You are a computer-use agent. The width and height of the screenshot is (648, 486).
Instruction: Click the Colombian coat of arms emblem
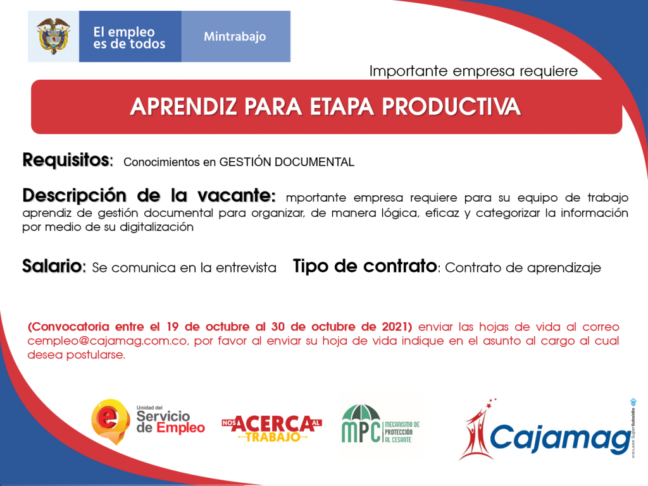pyautogui.click(x=53, y=36)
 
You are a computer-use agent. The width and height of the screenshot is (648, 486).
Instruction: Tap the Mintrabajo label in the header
pyautogui.click(x=235, y=37)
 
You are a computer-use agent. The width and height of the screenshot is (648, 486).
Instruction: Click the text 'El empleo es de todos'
pyautogui.click(x=129, y=38)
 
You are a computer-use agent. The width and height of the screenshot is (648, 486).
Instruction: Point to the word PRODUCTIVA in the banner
pyautogui.click(x=451, y=107)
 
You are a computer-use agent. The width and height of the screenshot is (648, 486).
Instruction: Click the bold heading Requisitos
pyautogui.click(x=68, y=160)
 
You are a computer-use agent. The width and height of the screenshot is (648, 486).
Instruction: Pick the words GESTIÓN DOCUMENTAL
pyautogui.click(x=287, y=162)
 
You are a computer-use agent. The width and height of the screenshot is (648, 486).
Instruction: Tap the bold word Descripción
pyautogui.click(x=75, y=195)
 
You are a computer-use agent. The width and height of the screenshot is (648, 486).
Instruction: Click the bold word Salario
pyautogui.click(x=54, y=266)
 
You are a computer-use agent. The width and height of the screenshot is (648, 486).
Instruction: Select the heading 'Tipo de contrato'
pyautogui.click(x=365, y=266)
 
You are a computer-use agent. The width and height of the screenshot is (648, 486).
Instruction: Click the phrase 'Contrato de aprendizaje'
pyautogui.click(x=523, y=268)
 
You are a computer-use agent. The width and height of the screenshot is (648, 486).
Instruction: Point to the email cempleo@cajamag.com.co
pyautogui.click(x=107, y=341)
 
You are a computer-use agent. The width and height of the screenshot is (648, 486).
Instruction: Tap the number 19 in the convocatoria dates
pyautogui.click(x=172, y=327)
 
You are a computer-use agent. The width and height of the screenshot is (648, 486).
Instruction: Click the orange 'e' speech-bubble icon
pyautogui.click(x=110, y=422)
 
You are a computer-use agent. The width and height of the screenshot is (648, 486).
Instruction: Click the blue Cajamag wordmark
pyautogui.click(x=561, y=438)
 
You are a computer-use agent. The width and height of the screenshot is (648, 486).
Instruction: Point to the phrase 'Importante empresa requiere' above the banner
pyautogui.click(x=473, y=71)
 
